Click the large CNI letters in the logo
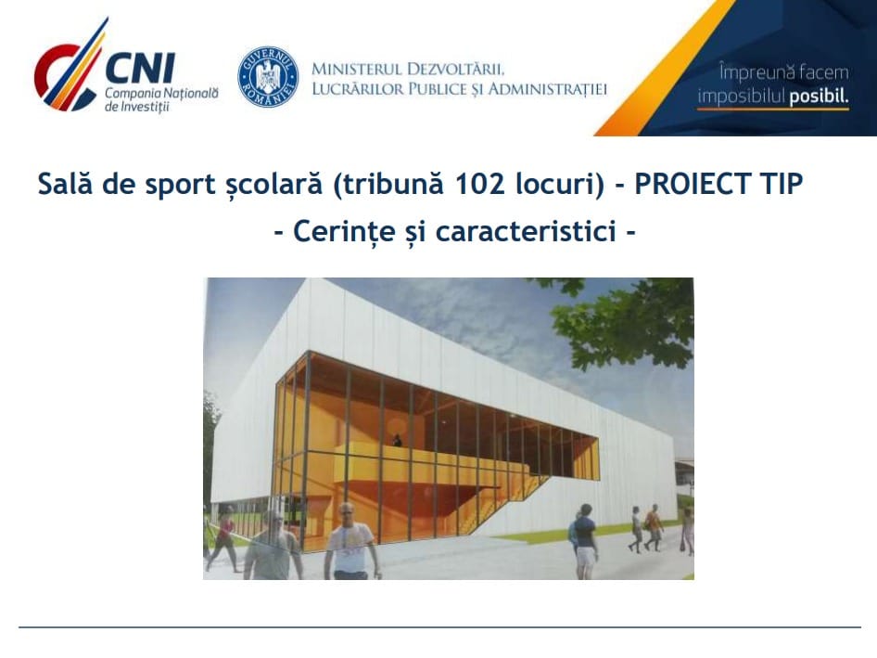(140, 69)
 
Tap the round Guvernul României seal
(268, 77)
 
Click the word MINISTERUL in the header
(356, 69)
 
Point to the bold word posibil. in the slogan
(819, 97)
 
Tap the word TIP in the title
(782, 184)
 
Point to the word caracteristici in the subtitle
(526, 231)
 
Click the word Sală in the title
(65, 184)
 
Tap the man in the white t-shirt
(350, 541)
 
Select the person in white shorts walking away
(583, 535)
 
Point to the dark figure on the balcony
(397, 440)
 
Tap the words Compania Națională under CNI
(161, 94)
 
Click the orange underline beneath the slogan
(773, 109)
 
